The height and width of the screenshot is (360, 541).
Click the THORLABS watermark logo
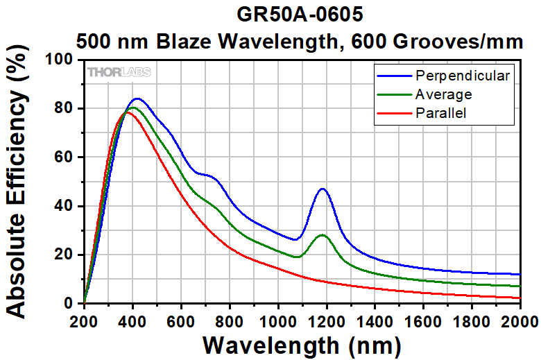point(119,72)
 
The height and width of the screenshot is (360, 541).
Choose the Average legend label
point(443,94)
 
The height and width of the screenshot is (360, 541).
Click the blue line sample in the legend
point(393,75)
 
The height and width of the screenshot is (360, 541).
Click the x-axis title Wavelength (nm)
point(302,345)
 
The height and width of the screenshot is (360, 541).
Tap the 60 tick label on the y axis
point(67,157)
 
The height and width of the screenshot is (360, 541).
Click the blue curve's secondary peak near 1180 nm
point(322,189)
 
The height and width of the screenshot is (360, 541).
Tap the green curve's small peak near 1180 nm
point(322,235)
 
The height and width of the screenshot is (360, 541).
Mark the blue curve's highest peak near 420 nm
point(137,98)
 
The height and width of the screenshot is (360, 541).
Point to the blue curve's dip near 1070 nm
point(295,240)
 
